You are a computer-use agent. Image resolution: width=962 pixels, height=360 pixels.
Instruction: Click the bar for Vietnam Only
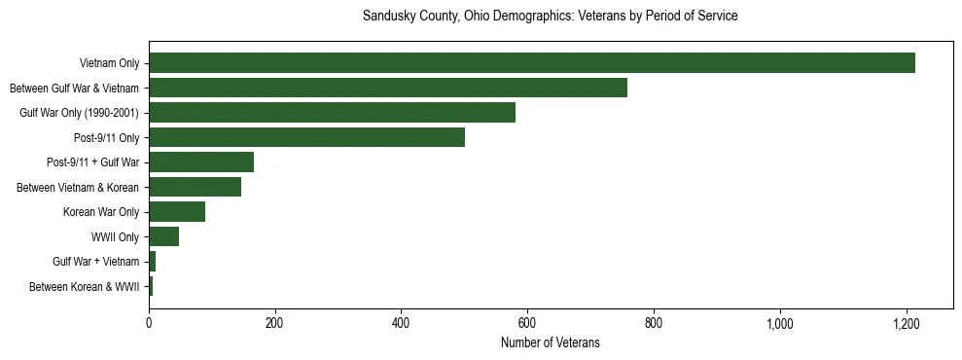pos(532,63)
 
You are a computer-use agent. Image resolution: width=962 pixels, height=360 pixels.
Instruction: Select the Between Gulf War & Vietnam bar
pos(388,88)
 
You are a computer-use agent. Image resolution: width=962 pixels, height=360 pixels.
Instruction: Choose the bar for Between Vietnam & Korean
pos(195,187)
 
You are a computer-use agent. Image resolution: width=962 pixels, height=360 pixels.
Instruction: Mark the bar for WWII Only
pos(163,236)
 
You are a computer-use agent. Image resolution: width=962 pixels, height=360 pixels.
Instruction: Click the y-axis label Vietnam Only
pos(109,63)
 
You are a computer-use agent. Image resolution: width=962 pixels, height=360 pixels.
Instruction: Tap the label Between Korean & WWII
pos(85,286)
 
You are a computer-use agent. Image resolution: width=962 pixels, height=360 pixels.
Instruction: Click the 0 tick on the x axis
pos(149,322)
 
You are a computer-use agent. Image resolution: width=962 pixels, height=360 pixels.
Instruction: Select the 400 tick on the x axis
pos(402,322)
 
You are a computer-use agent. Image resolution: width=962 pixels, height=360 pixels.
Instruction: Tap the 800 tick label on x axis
pos(654,322)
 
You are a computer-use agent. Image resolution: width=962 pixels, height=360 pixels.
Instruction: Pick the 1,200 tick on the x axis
pos(907,322)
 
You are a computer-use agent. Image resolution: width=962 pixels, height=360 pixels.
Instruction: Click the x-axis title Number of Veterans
pos(551,342)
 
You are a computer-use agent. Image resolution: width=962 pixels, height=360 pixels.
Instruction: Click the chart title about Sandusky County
pos(551,17)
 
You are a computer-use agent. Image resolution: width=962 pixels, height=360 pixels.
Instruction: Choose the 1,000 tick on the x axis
pos(780,322)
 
